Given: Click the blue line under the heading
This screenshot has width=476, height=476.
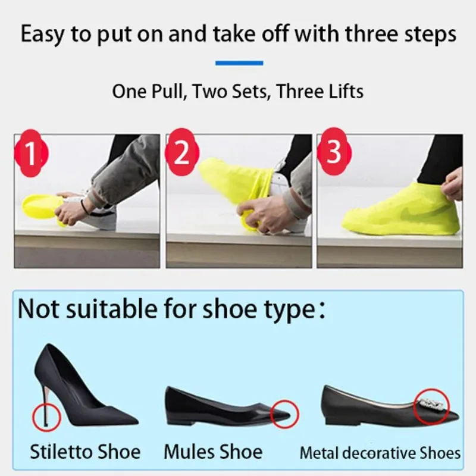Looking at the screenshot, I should (x=239, y=62).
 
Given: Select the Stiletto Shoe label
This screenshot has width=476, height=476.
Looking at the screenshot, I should (x=86, y=452).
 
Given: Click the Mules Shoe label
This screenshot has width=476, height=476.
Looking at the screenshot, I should (x=213, y=452).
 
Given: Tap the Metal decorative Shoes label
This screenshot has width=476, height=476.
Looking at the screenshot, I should (x=380, y=453).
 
